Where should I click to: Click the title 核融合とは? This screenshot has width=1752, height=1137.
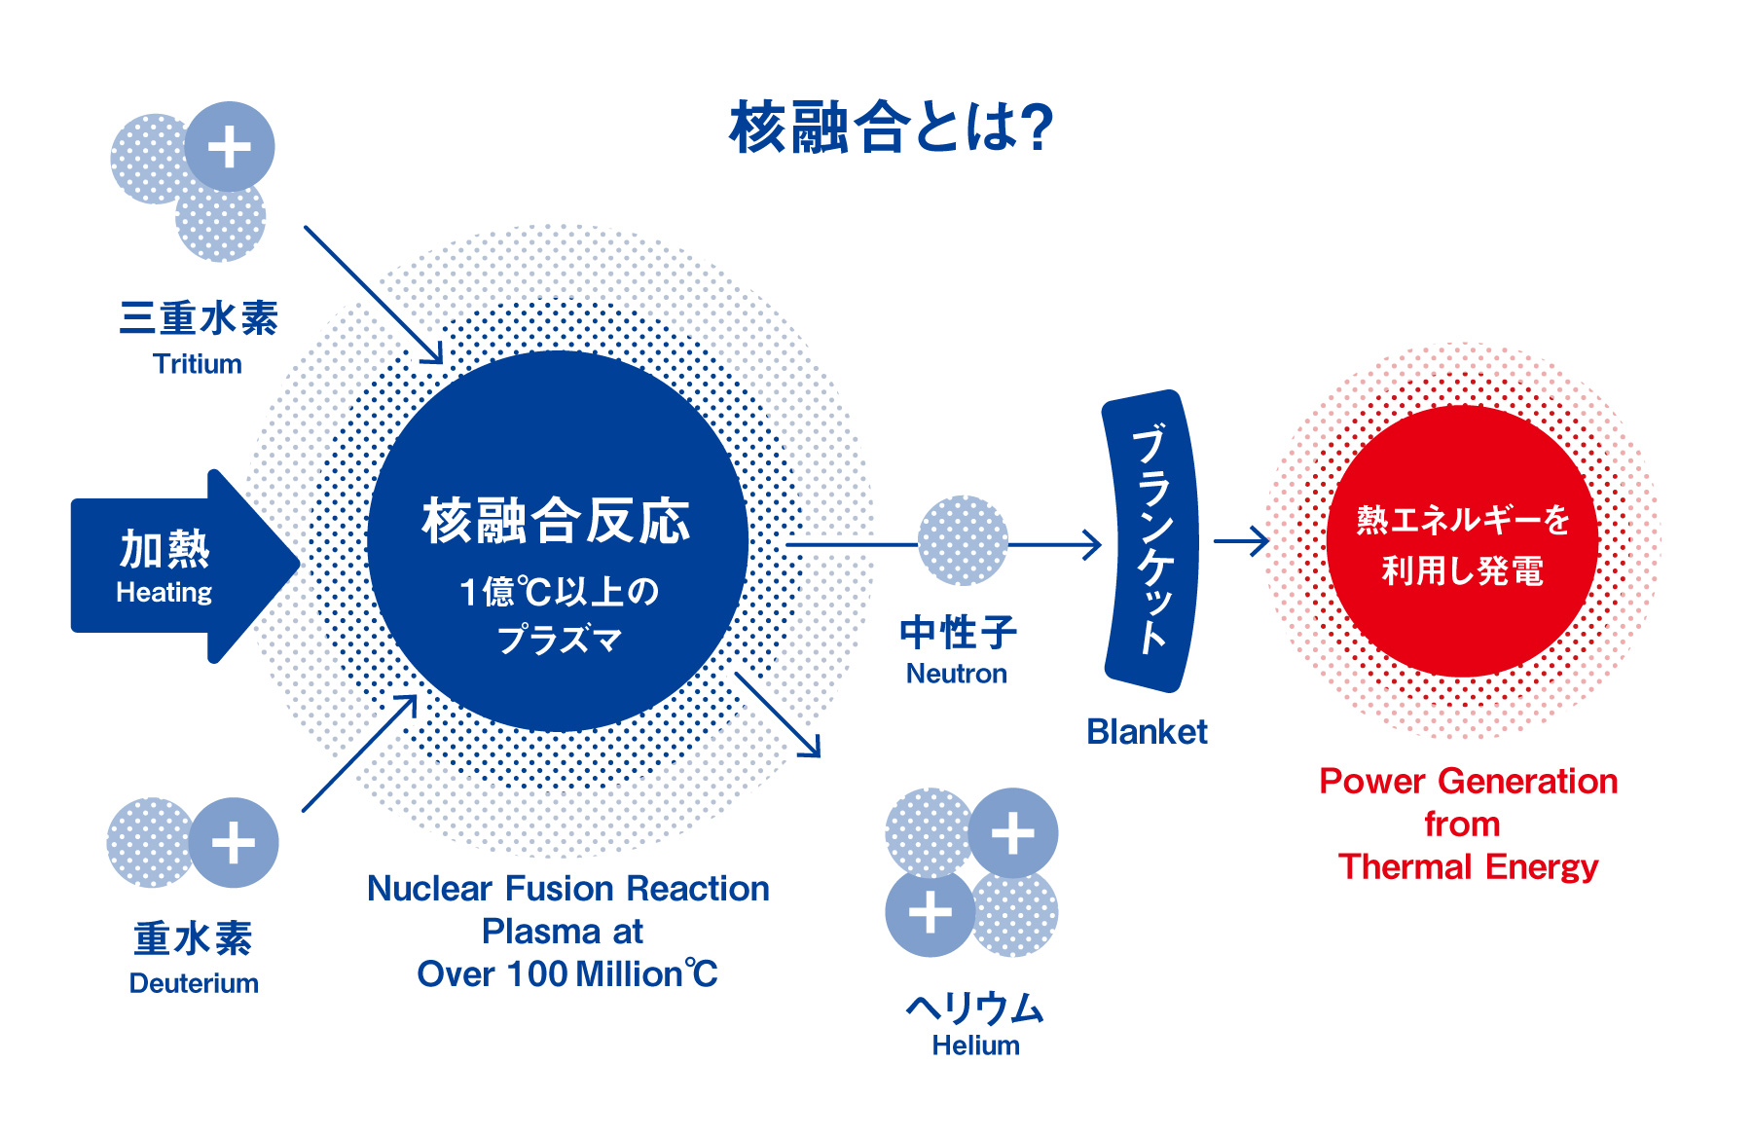click(891, 127)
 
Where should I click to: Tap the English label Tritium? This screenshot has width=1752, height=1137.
click(198, 364)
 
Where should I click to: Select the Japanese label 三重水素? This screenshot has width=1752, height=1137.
click(199, 318)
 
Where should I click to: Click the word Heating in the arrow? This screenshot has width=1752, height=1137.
click(164, 592)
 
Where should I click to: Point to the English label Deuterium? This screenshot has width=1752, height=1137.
click(194, 983)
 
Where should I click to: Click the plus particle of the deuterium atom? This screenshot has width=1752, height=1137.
click(234, 842)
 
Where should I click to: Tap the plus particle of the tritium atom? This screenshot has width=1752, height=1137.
click(230, 147)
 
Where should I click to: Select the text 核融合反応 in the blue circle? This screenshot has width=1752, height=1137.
click(556, 521)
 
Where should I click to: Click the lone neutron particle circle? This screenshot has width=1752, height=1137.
click(963, 541)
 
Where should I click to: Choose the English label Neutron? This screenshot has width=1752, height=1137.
click(957, 674)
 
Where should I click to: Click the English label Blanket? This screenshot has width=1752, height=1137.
click(1147, 731)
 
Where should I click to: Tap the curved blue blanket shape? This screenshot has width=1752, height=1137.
click(1151, 541)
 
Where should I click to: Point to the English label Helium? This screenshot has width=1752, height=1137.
click(975, 1045)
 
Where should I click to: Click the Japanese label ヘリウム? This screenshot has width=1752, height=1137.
click(975, 1008)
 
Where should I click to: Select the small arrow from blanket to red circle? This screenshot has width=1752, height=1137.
click(1242, 541)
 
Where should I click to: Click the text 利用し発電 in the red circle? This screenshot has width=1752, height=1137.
click(1462, 570)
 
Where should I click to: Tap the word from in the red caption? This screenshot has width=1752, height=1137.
click(1462, 825)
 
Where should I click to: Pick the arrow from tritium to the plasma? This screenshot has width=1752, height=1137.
click(374, 295)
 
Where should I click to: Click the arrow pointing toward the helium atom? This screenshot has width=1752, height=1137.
click(778, 715)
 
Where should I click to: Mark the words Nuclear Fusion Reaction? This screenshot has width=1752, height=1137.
click(568, 889)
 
